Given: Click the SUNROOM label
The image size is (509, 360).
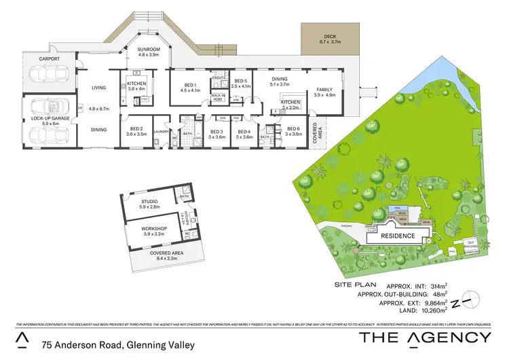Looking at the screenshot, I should click(x=148, y=49).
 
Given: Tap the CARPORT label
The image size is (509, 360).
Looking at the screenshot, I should click(x=49, y=59).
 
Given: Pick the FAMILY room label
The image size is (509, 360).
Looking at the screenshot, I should click(x=325, y=92).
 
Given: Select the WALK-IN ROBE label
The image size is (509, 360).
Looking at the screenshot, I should click(x=219, y=98).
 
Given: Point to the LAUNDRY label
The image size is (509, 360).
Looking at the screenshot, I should click(x=161, y=131).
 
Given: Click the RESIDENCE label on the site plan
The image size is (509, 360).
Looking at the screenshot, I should click(x=397, y=236).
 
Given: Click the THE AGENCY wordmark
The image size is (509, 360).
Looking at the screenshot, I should click(x=425, y=338).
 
